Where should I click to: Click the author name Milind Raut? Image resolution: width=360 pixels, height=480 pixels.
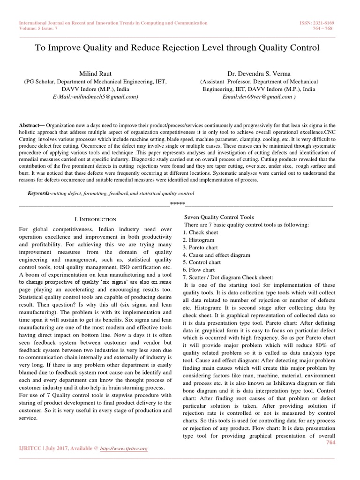coord(95,73)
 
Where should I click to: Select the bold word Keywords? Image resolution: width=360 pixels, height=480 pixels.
coord(38,193)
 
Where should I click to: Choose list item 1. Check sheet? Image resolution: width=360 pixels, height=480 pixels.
coord(201,232)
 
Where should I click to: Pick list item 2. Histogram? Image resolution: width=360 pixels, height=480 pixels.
coord(200,240)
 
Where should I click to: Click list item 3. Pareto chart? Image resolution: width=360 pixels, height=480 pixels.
coord(201,247)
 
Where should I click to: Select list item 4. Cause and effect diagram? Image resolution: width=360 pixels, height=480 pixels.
coord(217,255)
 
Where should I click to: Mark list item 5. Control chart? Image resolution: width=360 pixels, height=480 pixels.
coord(202,262)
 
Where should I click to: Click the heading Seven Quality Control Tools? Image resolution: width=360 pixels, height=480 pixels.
coord(218,217)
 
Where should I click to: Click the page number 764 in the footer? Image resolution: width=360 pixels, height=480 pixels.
coord(331,443)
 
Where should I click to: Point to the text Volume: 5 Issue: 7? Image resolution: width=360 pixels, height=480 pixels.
coord(40,28)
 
